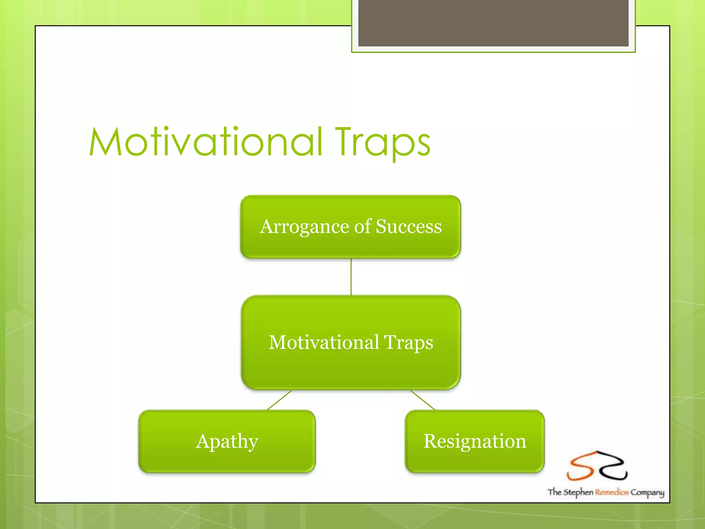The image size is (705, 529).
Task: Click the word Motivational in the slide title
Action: coord(206,142)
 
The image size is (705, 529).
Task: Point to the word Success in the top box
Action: coord(409,227)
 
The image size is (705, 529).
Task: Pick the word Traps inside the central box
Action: coord(409,343)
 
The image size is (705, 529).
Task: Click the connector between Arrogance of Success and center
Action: coord(351,277)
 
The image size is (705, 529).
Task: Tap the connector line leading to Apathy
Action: coord(279,400)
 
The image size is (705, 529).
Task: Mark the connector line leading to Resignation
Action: coord(423,400)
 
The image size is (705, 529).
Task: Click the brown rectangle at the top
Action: coord(493,23)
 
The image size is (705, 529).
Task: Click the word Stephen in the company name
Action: coord(578,492)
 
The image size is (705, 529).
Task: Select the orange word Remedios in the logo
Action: coord(612,492)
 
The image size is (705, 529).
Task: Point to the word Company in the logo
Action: coord(647,492)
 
